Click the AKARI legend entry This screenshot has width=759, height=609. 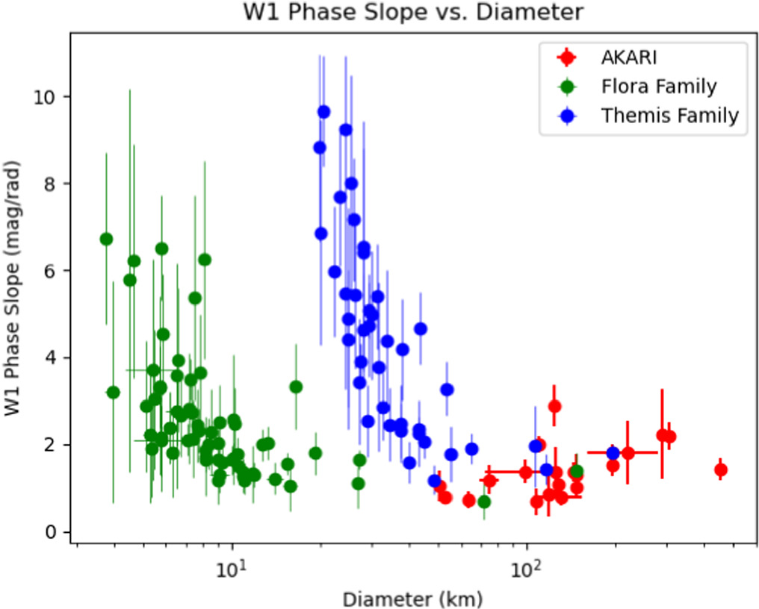(x=626, y=57)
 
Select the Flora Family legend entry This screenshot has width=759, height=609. (x=658, y=87)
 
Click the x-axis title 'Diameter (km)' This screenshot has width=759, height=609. (x=412, y=598)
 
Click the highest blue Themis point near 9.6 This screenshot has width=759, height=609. (x=323, y=112)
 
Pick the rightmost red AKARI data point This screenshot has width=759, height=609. (x=721, y=470)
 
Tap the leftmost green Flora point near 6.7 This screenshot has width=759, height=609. (x=106, y=239)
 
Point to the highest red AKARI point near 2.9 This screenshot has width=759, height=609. (x=554, y=406)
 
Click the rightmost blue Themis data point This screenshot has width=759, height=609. (x=613, y=453)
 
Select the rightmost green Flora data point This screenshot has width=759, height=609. (x=577, y=472)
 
